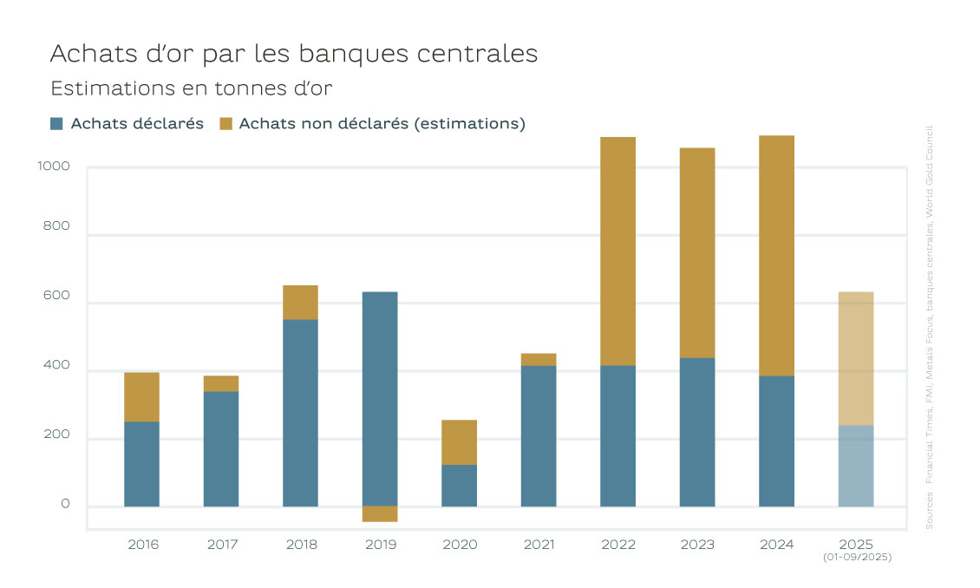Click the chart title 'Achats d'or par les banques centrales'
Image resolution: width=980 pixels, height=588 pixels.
(294, 54)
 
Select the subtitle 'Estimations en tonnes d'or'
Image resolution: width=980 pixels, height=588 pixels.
(192, 88)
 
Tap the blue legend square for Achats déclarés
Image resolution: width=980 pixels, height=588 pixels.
(57, 123)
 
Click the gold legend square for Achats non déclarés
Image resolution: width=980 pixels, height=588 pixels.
(226, 123)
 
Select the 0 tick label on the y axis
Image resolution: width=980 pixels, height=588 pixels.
(66, 504)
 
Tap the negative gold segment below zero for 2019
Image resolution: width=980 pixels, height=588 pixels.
(380, 514)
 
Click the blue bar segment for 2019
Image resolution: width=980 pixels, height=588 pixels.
(380, 399)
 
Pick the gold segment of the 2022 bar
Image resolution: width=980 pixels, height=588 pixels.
(617, 252)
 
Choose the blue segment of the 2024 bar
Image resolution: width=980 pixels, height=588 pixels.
(776, 441)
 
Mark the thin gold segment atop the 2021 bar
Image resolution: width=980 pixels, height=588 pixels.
(539, 359)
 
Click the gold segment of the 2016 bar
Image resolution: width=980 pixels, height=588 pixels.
(141, 397)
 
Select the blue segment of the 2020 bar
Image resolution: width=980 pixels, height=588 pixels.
(459, 486)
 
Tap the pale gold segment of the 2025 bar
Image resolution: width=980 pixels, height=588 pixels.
(856, 358)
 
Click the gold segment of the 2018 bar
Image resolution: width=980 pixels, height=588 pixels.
(300, 303)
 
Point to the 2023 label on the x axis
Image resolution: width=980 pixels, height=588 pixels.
(697, 545)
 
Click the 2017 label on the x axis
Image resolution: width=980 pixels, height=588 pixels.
(221, 545)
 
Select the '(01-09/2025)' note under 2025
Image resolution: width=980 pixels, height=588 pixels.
(856, 558)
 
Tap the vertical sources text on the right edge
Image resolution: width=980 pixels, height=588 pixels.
(929, 330)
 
